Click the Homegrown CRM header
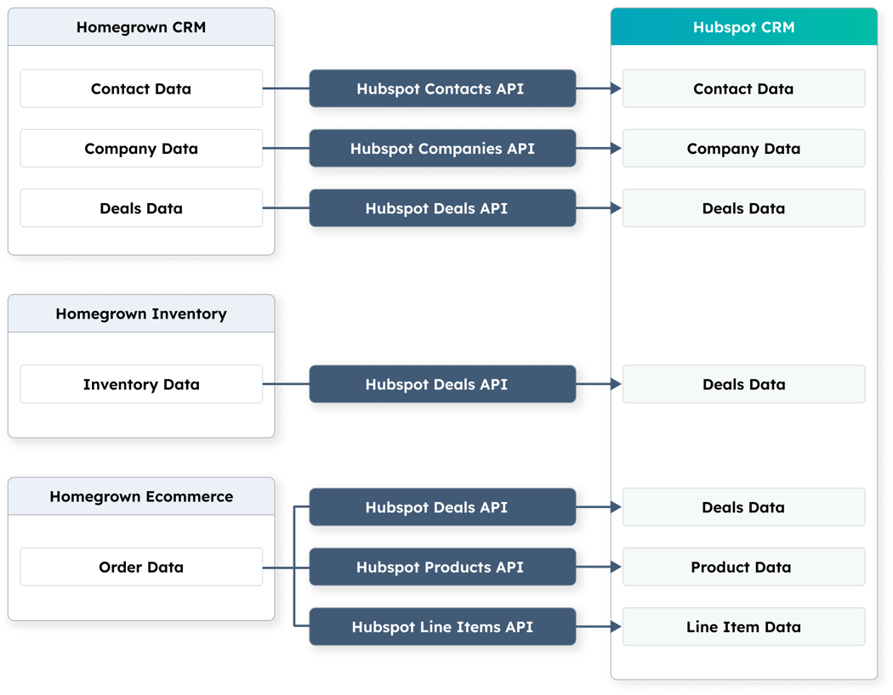(x=141, y=27)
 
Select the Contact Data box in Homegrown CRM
(x=141, y=89)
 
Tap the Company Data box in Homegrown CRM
(x=141, y=149)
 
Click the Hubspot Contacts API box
(x=441, y=89)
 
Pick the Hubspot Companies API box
(x=441, y=149)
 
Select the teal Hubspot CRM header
(x=743, y=27)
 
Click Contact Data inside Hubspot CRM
(x=743, y=89)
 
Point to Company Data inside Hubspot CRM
(x=743, y=149)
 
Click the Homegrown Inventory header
(x=141, y=314)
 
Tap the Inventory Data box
(x=141, y=384)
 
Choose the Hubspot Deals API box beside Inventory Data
(x=441, y=384)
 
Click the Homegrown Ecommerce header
(x=141, y=496)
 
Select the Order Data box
(x=141, y=567)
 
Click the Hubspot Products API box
(x=441, y=567)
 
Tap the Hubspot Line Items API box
(x=441, y=627)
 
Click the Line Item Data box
(x=743, y=627)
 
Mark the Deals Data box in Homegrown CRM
(x=141, y=208)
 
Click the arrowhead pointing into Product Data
(x=616, y=567)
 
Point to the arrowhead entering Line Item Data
(x=616, y=627)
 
